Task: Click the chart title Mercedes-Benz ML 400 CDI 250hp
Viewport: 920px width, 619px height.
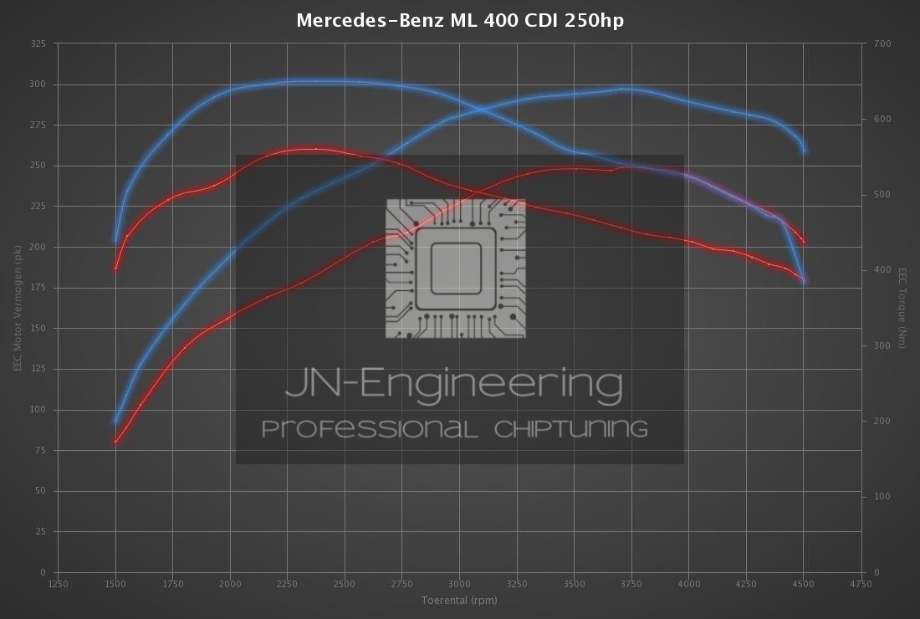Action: tap(460, 19)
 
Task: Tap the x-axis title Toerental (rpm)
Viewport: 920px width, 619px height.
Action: tap(459, 600)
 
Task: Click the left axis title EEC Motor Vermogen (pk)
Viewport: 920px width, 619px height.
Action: tap(17, 308)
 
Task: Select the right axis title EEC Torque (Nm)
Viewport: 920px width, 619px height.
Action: tap(902, 308)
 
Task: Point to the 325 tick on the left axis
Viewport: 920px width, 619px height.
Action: tap(38, 43)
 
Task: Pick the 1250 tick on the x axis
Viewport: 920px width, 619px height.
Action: tap(58, 585)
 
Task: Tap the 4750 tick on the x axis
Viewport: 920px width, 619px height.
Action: tap(861, 585)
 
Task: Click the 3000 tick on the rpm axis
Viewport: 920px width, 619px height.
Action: tap(459, 585)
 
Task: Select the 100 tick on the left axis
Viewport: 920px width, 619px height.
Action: tap(38, 410)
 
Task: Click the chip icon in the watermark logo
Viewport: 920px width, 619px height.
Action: tap(456, 269)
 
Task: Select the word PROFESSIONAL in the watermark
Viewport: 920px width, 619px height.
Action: tap(371, 429)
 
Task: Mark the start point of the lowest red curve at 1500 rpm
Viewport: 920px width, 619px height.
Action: tap(115, 443)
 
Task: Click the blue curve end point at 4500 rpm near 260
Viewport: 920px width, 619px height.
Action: tap(804, 151)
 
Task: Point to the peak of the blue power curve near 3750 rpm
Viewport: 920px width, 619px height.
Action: tap(621, 88)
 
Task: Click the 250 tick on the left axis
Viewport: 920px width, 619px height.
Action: tap(38, 166)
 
